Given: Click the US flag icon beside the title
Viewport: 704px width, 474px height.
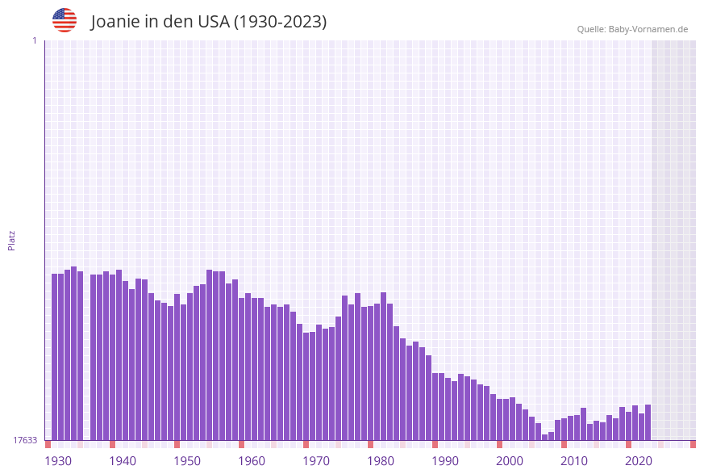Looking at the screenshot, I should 65,20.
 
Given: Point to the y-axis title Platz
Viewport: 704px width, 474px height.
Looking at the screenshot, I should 12,240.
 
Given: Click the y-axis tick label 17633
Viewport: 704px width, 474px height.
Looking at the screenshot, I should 25,440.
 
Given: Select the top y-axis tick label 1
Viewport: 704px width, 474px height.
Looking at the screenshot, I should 34,40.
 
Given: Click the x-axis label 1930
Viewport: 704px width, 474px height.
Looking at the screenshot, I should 58,461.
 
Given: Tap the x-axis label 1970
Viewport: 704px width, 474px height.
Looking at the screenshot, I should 316,461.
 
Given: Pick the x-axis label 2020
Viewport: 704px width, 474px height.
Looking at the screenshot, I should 639,461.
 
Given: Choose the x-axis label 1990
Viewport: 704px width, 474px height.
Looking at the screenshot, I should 445,461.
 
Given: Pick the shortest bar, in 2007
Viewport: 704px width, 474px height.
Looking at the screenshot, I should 545,437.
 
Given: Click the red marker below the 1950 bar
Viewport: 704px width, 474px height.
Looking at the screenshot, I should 177,444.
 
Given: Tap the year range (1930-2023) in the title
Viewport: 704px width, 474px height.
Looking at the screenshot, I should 280,22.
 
